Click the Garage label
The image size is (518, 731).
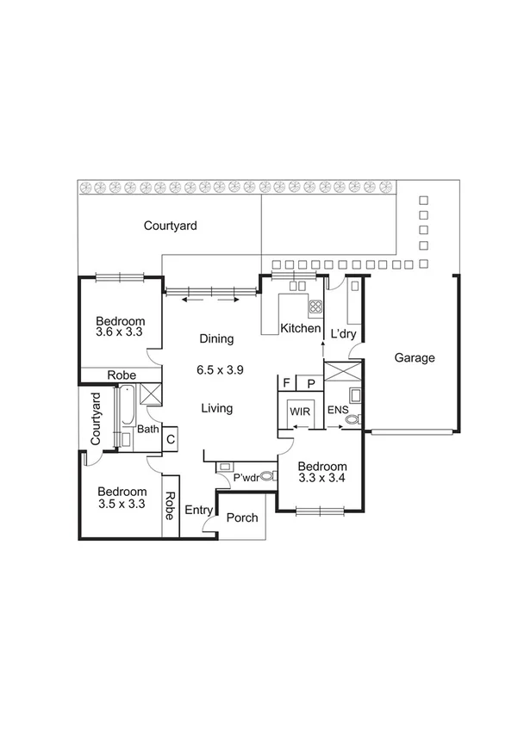click(x=415, y=358)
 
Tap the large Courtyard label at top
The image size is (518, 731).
click(x=171, y=226)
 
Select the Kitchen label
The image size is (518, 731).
click(x=301, y=330)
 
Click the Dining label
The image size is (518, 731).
click(x=216, y=339)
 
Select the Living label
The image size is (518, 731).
click(x=216, y=408)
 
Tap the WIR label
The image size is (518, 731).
click(x=300, y=412)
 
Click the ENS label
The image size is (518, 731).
click(x=337, y=412)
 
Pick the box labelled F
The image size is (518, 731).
click(x=286, y=383)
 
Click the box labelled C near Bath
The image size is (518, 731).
click(x=170, y=438)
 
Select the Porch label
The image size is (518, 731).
click(x=241, y=518)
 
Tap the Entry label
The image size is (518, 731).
click(x=199, y=511)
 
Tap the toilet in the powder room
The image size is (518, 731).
click(x=267, y=475)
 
